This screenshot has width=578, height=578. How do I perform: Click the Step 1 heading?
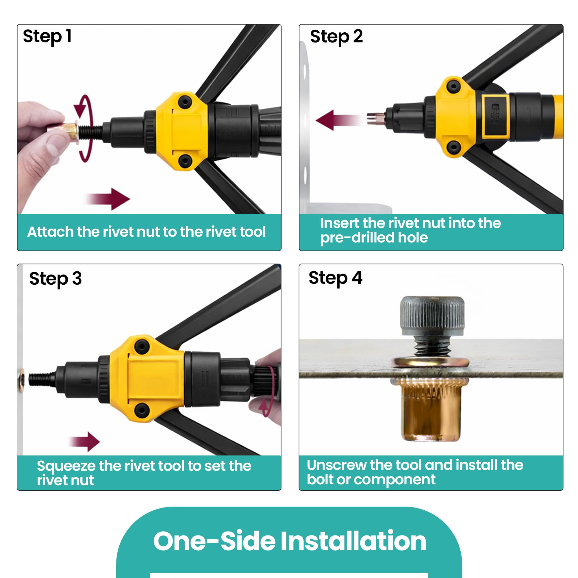(47, 37)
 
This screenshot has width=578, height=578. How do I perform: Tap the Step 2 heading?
(336, 37)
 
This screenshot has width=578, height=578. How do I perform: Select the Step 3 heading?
(55, 279)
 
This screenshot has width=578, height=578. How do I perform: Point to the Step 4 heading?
(335, 278)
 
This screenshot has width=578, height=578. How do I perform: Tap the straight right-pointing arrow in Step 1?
(108, 199)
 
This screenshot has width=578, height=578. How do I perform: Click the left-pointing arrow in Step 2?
(340, 120)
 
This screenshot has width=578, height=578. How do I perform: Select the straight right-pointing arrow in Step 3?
(85, 442)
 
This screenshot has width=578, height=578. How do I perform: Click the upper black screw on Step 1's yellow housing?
(185, 102)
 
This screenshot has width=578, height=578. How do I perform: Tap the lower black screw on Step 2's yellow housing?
(453, 147)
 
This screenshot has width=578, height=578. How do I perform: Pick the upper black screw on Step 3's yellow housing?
(142, 347)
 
